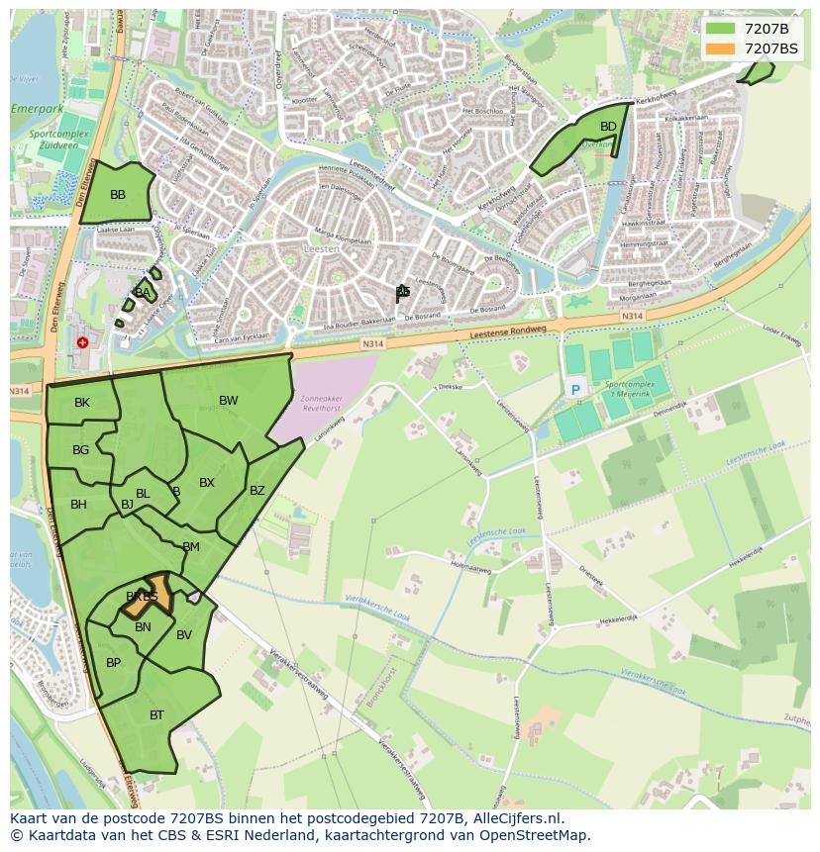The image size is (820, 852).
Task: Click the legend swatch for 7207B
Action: (720, 29)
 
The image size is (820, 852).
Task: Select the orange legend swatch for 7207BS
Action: (720, 48)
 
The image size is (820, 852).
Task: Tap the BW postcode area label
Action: (229, 401)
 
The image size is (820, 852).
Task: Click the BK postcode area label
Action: (82, 403)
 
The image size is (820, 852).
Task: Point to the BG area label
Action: (81, 450)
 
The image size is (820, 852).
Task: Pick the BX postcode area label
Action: (207, 483)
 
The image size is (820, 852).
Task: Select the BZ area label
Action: (257, 491)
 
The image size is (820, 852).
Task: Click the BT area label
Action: (157, 715)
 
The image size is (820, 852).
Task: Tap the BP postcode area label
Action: (114, 663)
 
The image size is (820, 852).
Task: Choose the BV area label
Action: (184, 635)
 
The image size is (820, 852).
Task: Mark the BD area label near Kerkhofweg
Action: (608, 127)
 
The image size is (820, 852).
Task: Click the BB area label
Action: (118, 195)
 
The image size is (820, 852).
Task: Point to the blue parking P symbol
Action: (575, 391)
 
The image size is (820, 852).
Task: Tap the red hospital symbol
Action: (82, 342)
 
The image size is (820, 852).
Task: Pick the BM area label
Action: (191, 547)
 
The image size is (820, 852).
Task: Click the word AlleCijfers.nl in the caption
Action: (515, 818)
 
